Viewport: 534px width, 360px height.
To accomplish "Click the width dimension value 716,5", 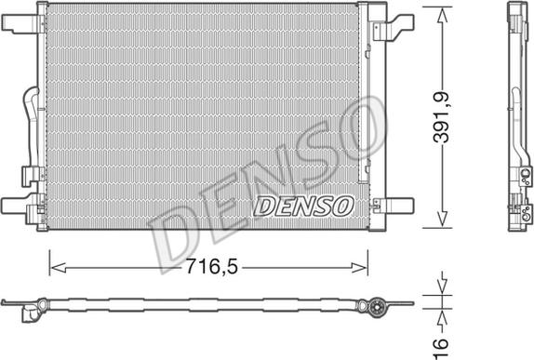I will pos(208,267).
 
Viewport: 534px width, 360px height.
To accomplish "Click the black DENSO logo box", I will pos(302,202).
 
